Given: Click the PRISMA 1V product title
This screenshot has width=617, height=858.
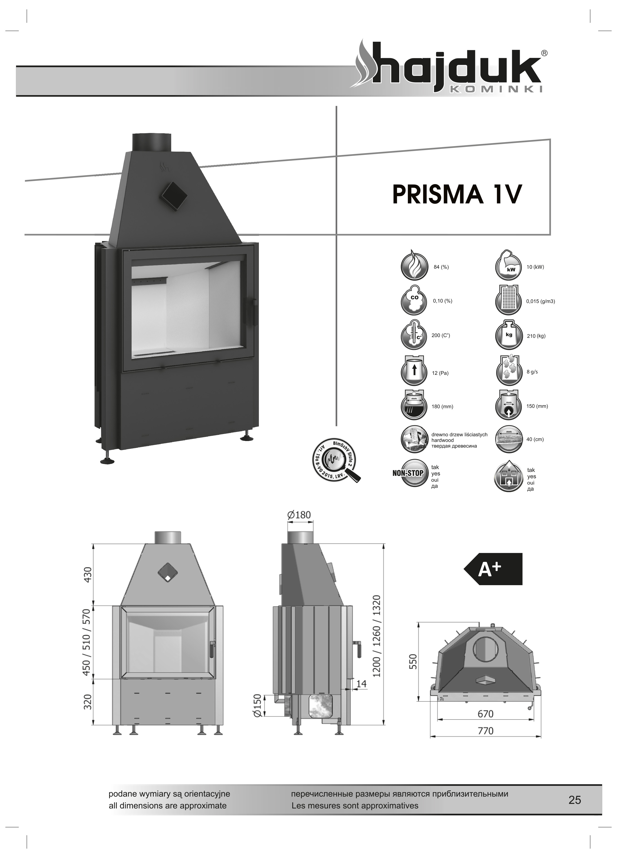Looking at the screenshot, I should coord(456,195).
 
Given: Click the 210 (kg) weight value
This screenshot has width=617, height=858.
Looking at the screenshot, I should coord(536,336).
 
